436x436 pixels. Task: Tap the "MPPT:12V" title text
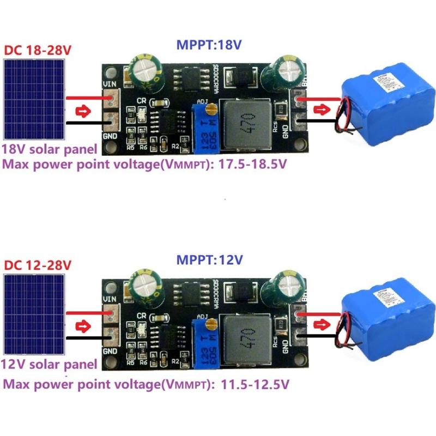click(209, 261)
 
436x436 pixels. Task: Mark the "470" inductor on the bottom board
click(249, 336)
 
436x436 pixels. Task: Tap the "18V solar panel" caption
click(50, 149)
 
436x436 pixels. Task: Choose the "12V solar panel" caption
click(50, 364)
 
